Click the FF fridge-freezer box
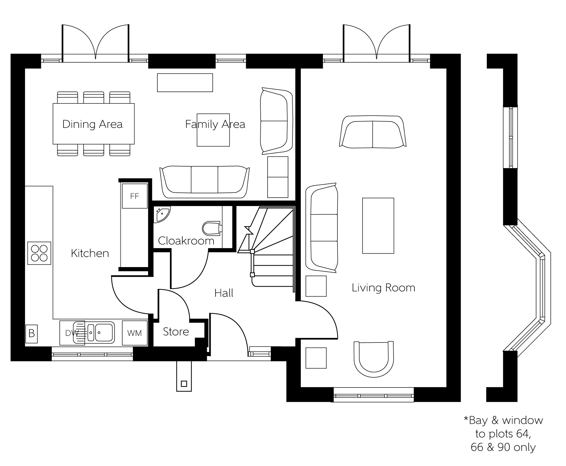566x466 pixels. coord(135,196)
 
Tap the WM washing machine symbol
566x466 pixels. coord(135,333)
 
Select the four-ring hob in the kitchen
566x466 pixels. coord(39,253)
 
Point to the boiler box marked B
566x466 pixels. coord(31,334)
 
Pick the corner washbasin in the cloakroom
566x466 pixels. coord(162,214)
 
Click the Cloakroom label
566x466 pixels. coord(186,241)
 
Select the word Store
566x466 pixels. coord(176,332)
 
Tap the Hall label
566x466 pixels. coord(224,293)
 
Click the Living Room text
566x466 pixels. coord(384,288)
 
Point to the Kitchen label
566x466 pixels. coord(90,253)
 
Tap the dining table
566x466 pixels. coord(94,124)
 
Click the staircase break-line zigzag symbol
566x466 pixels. coord(249,231)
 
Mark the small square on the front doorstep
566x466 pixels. coord(184,384)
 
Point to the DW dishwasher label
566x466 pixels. coord(72,333)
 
